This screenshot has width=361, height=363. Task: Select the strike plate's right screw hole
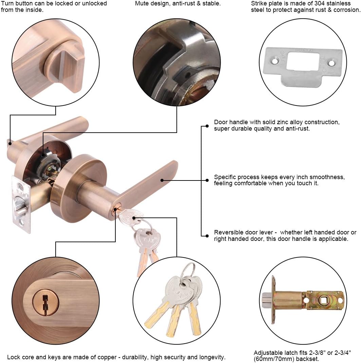click(334, 63)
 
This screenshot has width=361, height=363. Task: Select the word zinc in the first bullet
click(284, 122)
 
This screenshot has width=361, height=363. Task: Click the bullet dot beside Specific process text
click(207, 180)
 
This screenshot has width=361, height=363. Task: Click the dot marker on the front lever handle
click(162, 180)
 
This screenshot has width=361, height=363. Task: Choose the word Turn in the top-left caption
click(7, 3)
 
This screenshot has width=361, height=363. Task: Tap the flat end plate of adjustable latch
click(273, 300)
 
